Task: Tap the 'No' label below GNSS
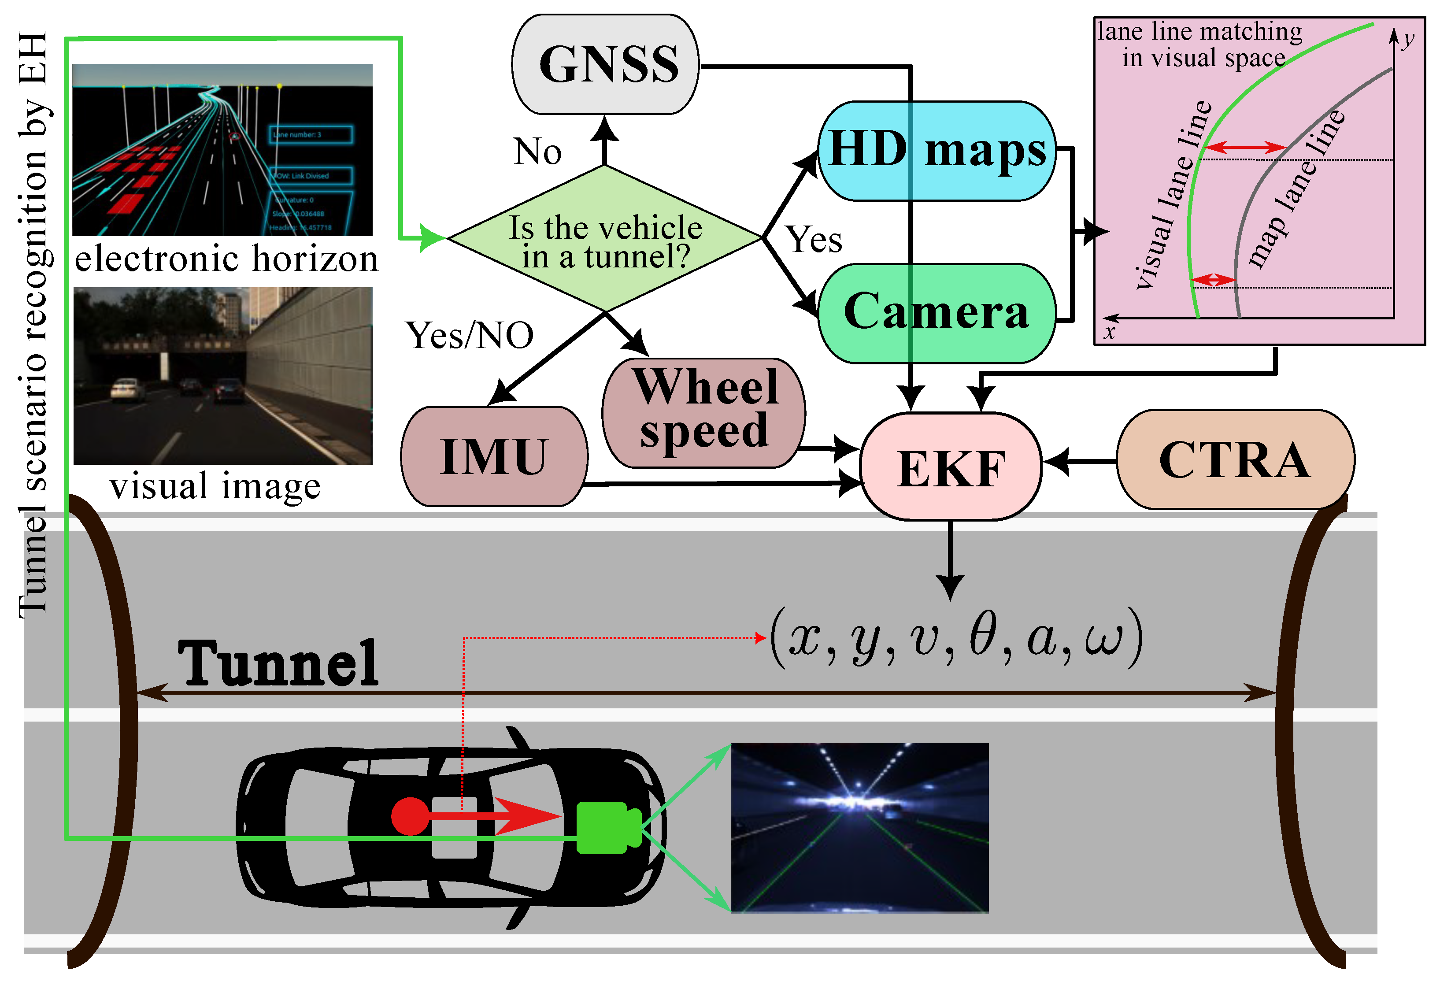pyautogui.click(x=537, y=152)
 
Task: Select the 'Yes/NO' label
pyautogui.click(x=469, y=336)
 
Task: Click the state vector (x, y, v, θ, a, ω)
pyautogui.click(x=956, y=638)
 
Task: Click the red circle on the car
pyautogui.click(x=410, y=816)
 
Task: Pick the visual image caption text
pyautogui.click(x=215, y=486)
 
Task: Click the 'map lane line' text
pyautogui.click(x=1296, y=189)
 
